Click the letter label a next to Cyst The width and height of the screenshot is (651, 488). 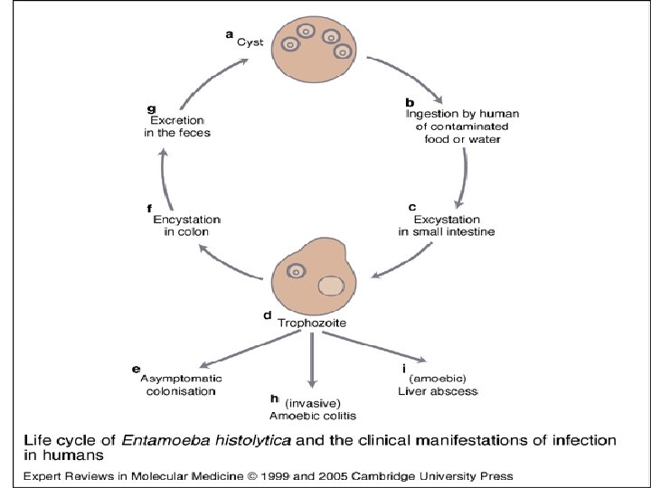coord(229,33)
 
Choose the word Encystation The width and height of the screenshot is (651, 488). coord(187,219)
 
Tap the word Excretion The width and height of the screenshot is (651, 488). coord(176,119)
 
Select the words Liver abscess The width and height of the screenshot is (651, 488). coord(438,391)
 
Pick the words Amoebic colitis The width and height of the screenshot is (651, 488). coord(313,416)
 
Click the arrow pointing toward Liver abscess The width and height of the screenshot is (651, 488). coord(372,349)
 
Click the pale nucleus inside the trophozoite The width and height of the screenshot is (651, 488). coord(332,286)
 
